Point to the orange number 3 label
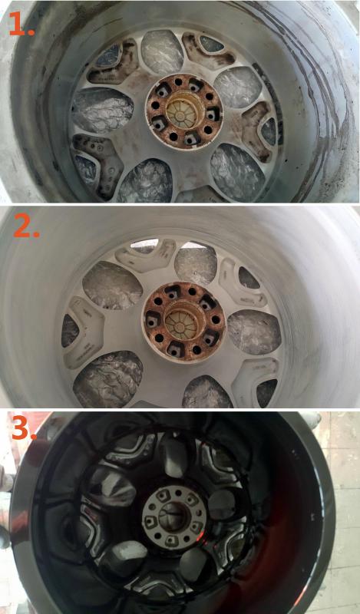tap(24, 429)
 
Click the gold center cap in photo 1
tap(180, 113)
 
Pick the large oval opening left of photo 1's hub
tap(103, 110)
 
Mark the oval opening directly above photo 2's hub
tap(195, 260)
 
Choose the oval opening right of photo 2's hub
tap(254, 332)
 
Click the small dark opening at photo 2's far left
tap(70, 331)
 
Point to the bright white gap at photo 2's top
tap(144, 244)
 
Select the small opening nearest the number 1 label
tap(109, 55)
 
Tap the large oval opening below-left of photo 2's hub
tap(107, 379)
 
